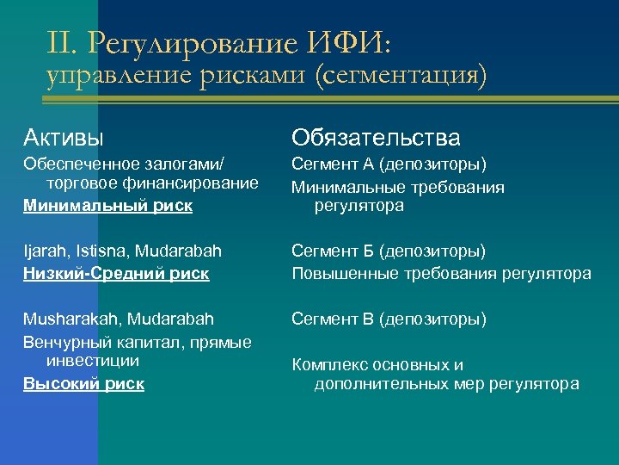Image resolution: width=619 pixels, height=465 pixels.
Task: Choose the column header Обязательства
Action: [x=376, y=137]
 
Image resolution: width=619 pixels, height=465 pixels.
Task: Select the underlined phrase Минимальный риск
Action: [x=107, y=206]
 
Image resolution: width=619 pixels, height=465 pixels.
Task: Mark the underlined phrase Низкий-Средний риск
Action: [x=116, y=274]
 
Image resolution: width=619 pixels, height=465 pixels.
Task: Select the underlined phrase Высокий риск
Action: [x=83, y=384]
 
